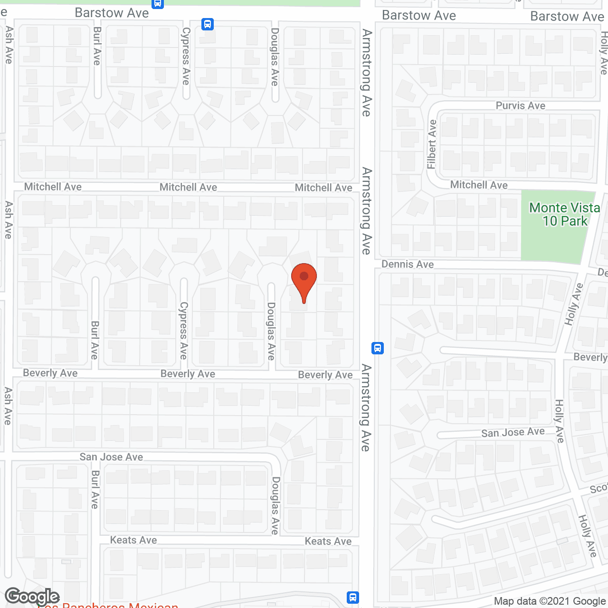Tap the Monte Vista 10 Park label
564,214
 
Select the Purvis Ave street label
520,105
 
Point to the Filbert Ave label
431,144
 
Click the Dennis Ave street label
408,264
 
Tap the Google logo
32,597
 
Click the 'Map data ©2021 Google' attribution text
550,601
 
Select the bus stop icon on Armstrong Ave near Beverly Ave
378,348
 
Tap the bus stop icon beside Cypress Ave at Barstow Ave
208,24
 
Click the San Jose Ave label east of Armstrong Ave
513,432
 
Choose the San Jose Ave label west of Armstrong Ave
111,457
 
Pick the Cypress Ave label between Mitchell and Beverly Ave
183,330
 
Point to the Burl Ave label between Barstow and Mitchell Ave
97,46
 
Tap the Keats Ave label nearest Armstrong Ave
328,541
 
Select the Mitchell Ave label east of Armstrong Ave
479,185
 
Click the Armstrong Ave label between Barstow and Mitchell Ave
366,73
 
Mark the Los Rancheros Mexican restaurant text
108,605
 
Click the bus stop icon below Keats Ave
352,597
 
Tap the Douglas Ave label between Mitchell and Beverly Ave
271,331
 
